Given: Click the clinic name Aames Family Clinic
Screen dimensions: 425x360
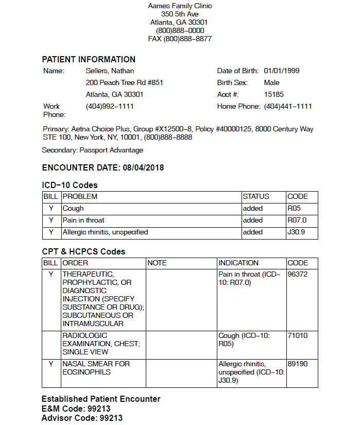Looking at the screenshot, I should (180, 6).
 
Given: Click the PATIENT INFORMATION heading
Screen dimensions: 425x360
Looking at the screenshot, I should (89, 59).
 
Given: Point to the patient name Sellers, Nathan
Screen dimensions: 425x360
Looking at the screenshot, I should (110, 71).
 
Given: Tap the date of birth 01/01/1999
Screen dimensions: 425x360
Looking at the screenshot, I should (282, 71).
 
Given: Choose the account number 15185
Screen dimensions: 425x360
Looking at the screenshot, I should (273, 95).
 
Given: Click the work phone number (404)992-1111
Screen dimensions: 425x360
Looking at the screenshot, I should (110, 107).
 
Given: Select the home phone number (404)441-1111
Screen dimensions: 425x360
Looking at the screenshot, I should (288, 107).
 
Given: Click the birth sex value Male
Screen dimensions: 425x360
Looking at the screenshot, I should (271, 83).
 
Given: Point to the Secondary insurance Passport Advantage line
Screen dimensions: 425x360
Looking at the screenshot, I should (93, 150).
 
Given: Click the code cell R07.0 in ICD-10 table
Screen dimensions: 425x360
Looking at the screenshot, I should (297, 220).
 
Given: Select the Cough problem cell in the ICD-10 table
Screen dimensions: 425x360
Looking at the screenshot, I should (73, 209).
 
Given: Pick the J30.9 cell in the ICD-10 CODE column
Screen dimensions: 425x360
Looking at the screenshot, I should (296, 232).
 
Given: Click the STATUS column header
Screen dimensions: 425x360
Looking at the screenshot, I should (256, 196).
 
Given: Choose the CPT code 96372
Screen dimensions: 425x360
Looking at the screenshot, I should (298, 275).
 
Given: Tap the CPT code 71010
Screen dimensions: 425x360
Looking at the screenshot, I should (298, 335).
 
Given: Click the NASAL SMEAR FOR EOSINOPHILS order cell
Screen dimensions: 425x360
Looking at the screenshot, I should (96, 367).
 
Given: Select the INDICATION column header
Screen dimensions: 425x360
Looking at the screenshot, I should (238, 263).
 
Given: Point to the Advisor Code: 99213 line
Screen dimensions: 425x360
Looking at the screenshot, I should (82, 418).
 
